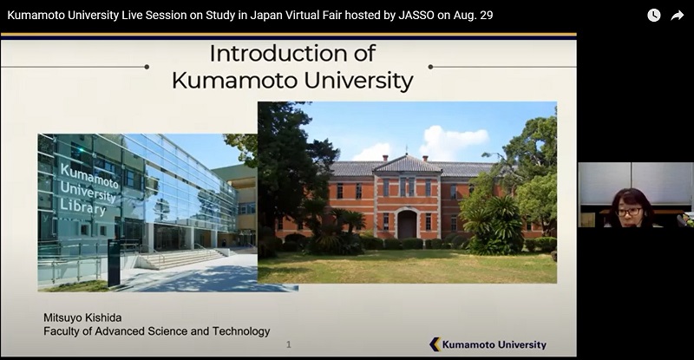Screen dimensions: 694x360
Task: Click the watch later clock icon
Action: pyautogui.click(x=654, y=16)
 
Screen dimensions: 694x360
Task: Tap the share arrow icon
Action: pyautogui.click(x=678, y=16)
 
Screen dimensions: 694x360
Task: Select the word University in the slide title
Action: pyautogui.click(x=358, y=81)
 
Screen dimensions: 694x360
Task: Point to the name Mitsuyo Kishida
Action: pyautogui.click(x=82, y=317)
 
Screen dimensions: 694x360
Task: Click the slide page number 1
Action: pyautogui.click(x=289, y=344)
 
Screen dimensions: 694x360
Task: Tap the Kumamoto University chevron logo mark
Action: pyautogui.click(x=435, y=344)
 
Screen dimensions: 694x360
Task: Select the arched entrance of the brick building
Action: pyautogui.click(x=407, y=224)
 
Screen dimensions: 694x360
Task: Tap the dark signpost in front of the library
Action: pyautogui.click(x=114, y=263)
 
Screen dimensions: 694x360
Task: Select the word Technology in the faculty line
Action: pyautogui.click(x=241, y=331)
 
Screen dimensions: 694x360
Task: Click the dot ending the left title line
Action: pyautogui.click(x=147, y=67)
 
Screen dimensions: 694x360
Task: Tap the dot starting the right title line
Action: pyautogui.click(x=430, y=67)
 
